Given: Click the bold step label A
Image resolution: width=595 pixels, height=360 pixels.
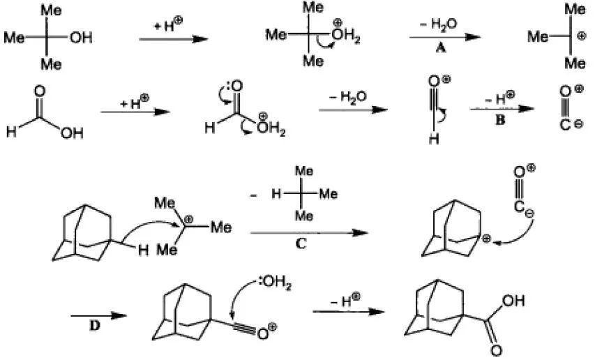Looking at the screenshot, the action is (x=441, y=48).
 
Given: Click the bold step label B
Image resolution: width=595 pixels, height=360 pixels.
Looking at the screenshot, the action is (x=500, y=120).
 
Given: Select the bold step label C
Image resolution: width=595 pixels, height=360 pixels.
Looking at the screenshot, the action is (x=301, y=243).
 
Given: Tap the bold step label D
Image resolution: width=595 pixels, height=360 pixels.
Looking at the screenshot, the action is (x=94, y=325).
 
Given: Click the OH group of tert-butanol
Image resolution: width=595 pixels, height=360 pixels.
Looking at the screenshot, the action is (x=81, y=38).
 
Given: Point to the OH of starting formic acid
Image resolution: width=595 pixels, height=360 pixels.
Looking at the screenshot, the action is (x=72, y=133).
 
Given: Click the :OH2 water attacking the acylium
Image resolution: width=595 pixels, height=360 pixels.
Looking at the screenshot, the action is (x=275, y=283).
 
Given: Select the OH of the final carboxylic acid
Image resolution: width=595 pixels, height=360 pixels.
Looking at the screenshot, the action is (x=513, y=301).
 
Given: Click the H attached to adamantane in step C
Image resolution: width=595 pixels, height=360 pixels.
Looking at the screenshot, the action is (x=143, y=250).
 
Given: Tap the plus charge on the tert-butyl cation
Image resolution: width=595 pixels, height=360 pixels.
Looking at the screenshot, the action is (x=581, y=36).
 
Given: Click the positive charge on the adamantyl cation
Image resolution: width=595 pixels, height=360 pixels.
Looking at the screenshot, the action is (x=486, y=239).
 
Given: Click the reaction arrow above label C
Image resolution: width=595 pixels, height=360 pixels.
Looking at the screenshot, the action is (x=309, y=232).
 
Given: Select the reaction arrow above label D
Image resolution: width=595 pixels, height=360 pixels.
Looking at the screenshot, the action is (x=98, y=315).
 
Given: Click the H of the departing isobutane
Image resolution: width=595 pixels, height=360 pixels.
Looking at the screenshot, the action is (x=276, y=194).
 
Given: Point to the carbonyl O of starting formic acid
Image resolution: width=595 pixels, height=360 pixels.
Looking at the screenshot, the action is (x=40, y=91).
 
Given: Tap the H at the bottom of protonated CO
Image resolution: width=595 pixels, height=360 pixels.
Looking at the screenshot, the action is (x=434, y=140).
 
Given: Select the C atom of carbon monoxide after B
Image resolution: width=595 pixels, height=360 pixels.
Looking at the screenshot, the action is (x=565, y=124).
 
